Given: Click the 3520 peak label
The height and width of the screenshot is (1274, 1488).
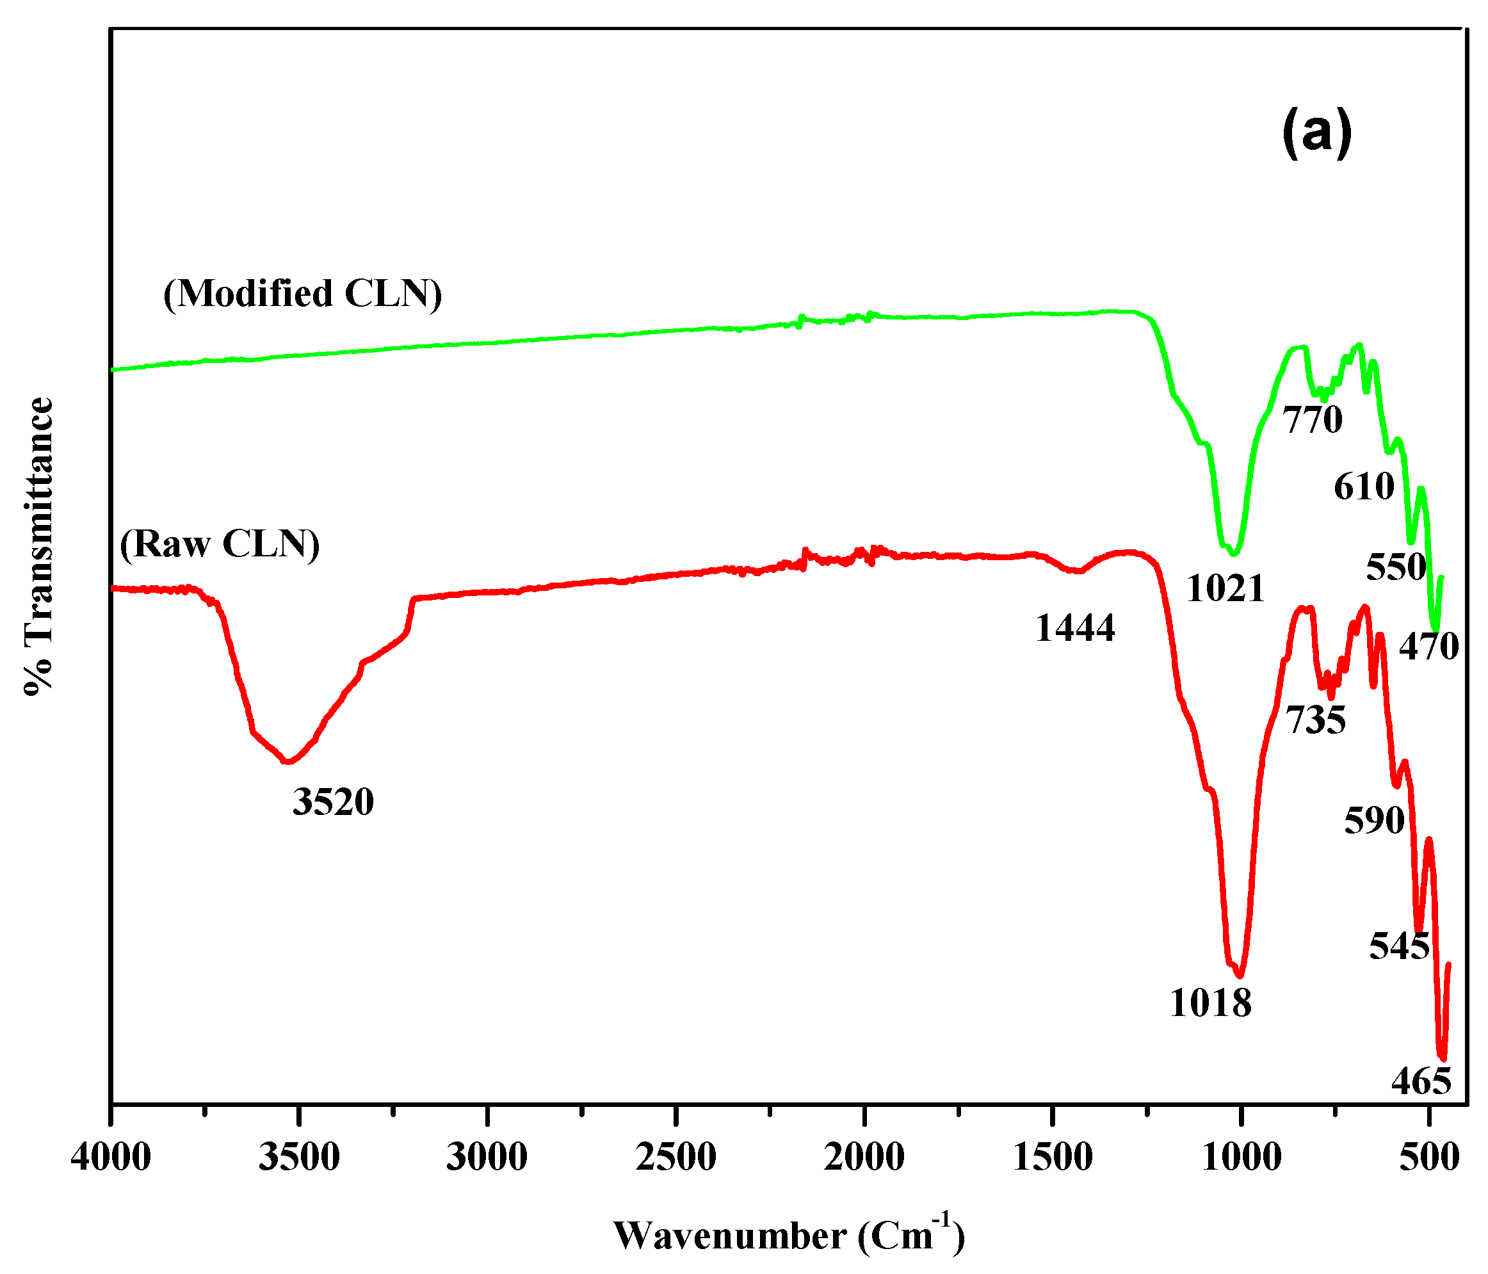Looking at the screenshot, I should click(x=333, y=802).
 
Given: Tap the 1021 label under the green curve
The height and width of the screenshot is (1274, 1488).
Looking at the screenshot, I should click(x=1225, y=589).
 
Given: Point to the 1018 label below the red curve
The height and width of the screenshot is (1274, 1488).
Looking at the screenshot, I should click(x=1211, y=1003).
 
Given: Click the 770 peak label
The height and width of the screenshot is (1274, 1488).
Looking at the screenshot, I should click(x=1313, y=420).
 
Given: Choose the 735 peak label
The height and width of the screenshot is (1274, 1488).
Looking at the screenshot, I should click(x=1316, y=720).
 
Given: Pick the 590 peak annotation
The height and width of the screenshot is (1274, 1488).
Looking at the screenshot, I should click(x=1375, y=820).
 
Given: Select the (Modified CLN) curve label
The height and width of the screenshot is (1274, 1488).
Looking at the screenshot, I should click(x=302, y=294).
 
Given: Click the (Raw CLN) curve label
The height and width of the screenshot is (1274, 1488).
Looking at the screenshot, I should click(x=220, y=544).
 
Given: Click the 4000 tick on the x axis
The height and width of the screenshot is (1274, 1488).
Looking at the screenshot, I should click(x=111, y=1157).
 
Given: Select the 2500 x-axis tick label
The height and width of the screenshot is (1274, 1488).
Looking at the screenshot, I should click(x=675, y=1157).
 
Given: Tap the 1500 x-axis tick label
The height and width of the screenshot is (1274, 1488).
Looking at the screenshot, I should click(x=1053, y=1157).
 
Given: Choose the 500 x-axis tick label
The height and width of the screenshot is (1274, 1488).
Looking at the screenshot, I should click(x=1430, y=1157).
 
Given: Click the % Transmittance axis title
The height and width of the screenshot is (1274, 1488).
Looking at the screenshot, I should click(x=40, y=546).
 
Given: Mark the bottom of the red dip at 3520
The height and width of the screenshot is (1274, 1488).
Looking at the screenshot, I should click(x=288, y=762).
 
